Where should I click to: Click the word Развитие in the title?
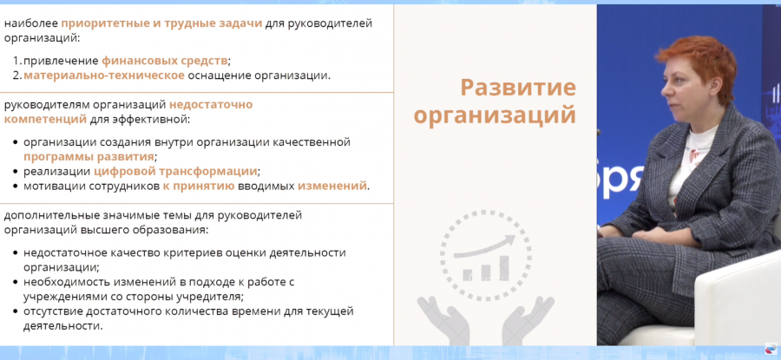pyautogui.click(x=518, y=88)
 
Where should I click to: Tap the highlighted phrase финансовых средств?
pyautogui.click(x=165, y=61)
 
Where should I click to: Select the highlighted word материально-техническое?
pyautogui.click(x=104, y=75)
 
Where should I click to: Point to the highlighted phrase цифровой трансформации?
pyautogui.click(x=175, y=172)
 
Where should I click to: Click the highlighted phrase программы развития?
pyautogui.click(x=89, y=157)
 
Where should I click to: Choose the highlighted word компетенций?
pyautogui.click(x=45, y=120)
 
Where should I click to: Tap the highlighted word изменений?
pyautogui.click(x=331, y=187)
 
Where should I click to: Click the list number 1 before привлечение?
pyautogui.click(x=16, y=61)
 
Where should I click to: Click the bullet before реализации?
pyautogui.click(x=16, y=172)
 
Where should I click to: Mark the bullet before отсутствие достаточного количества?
pyautogui.click(x=16, y=311)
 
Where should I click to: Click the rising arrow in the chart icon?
pyautogui.click(x=484, y=246)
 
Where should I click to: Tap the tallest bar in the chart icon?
pyautogui.click(x=504, y=268)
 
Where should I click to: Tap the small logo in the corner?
pyautogui.click(x=771, y=350)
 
